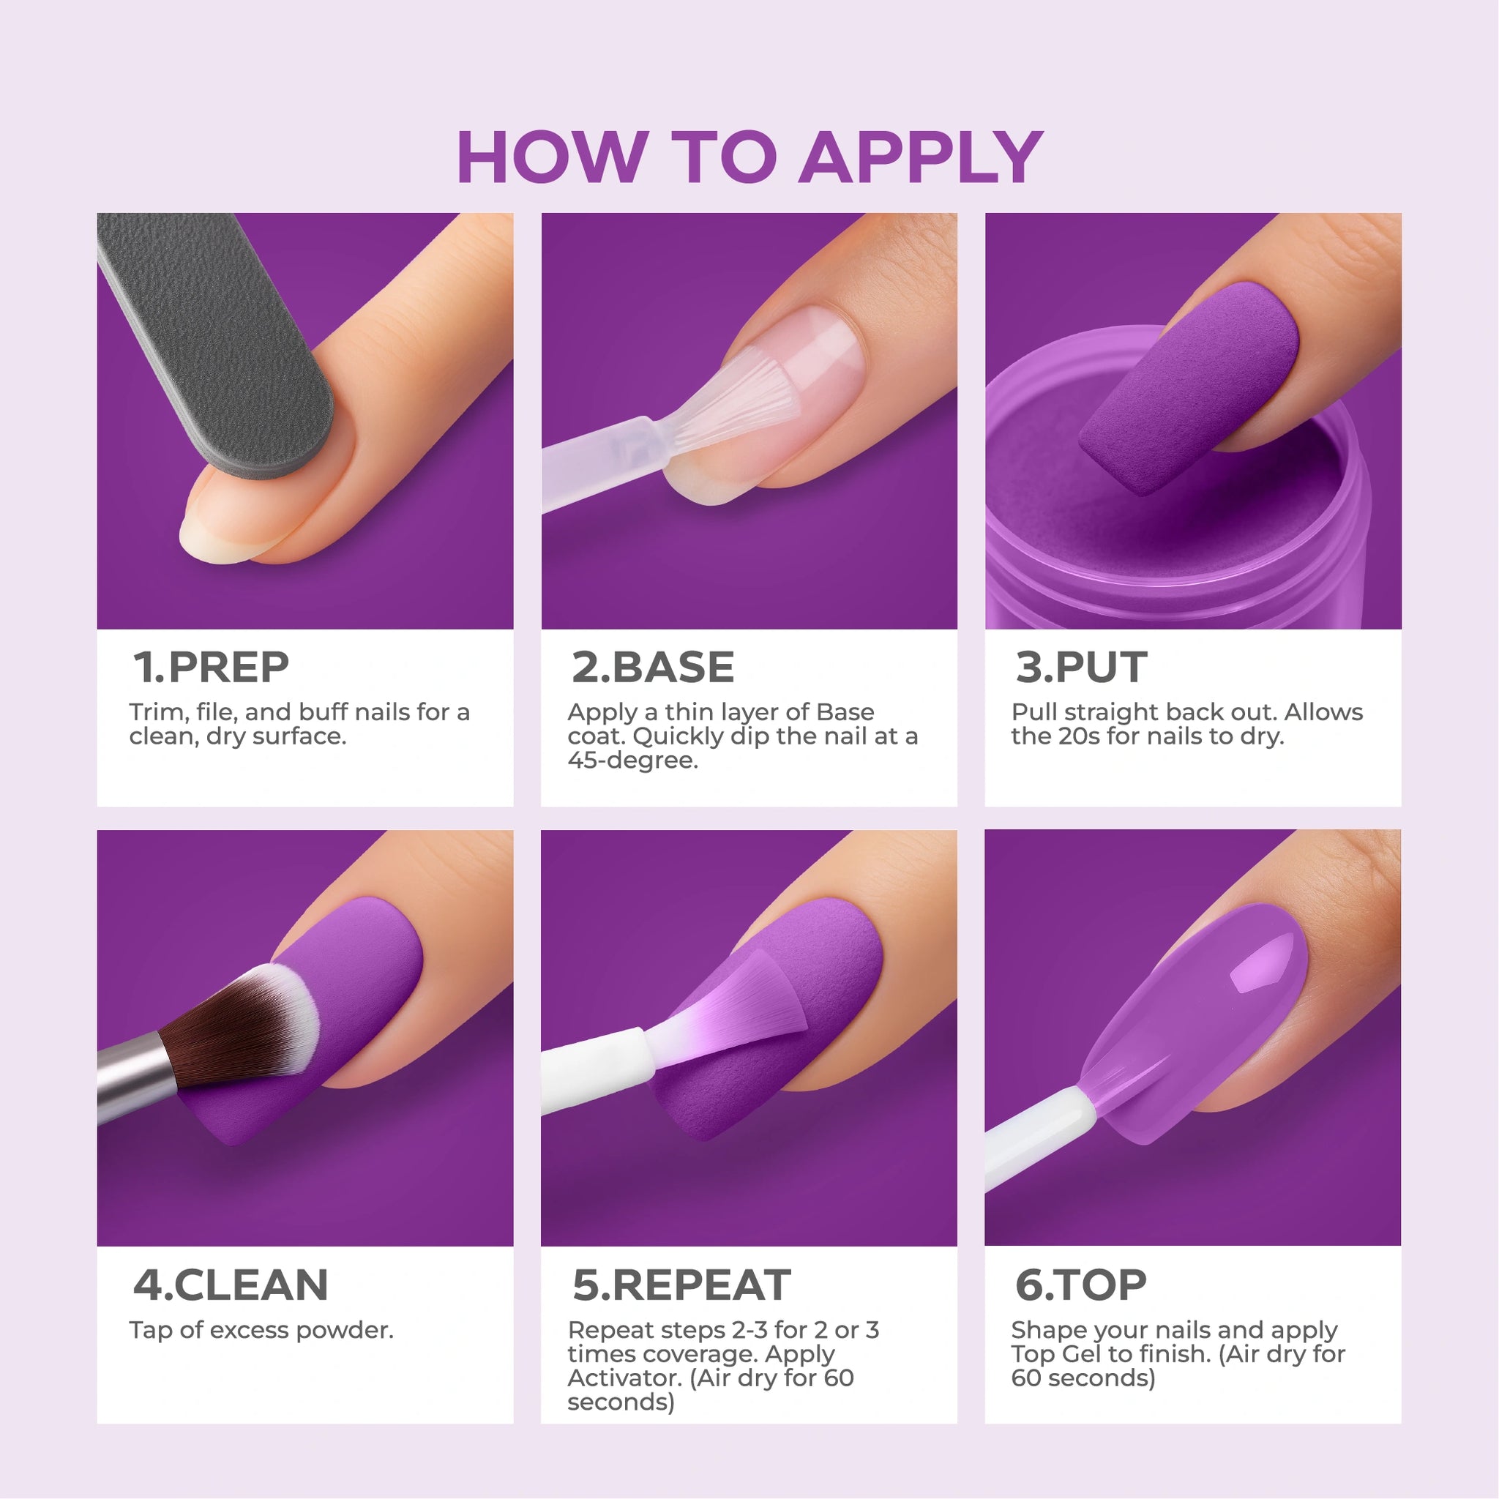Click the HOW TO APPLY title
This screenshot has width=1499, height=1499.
point(749,157)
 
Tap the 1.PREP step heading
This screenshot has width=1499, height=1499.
point(211,668)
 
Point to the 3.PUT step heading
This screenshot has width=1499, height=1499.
point(1081,668)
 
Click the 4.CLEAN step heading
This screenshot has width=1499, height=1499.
point(231,1285)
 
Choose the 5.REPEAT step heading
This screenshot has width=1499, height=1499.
point(681,1285)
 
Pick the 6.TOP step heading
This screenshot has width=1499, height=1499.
point(1081,1285)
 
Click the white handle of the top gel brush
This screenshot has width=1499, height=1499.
point(1036,1137)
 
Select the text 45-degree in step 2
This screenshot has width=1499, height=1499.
point(632,760)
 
